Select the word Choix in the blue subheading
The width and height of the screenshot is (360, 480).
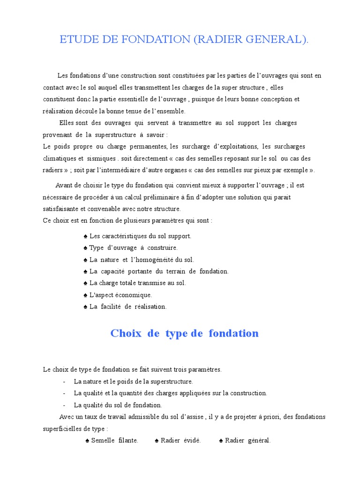point(122,333)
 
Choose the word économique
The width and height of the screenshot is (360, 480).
point(136,295)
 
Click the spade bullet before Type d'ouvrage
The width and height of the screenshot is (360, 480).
point(85,247)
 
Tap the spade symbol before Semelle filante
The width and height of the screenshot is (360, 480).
point(88,441)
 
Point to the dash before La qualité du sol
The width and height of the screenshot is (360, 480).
point(63,405)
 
